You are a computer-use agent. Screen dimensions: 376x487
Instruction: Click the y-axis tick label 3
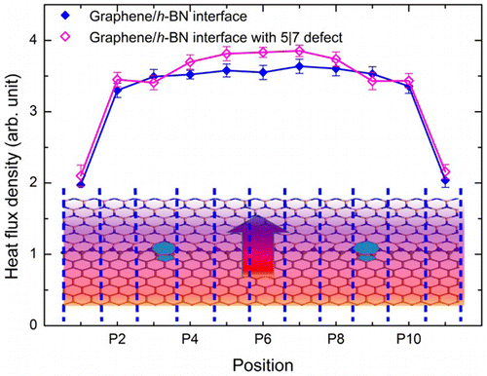(x=39, y=111)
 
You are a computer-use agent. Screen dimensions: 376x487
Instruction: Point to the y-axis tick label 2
(x=39, y=182)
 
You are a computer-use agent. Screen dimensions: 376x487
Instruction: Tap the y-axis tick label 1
(x=39, y=253)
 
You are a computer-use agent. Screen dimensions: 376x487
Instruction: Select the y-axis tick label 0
(x=39, y=324)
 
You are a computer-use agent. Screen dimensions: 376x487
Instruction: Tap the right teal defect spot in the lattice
(x=366, y=251)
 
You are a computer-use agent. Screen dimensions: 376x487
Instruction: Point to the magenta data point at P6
(x=263, y=52)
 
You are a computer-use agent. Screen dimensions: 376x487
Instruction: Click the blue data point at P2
(x=118, y=91)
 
